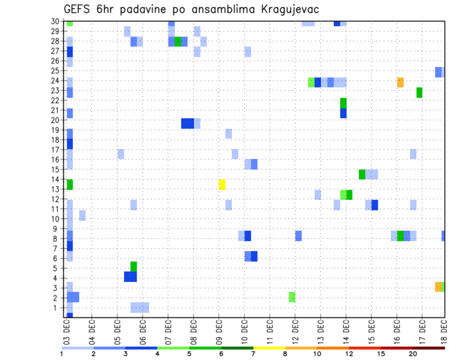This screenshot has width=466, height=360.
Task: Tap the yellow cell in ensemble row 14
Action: [x=222, y=184]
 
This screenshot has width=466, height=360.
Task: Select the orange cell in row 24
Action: [x=400, y=82]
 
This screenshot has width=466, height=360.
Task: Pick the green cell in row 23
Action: [x=419, y=93]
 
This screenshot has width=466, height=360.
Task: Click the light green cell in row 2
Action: [x=292, y=297]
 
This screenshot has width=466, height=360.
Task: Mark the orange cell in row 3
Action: [x=438, y=287]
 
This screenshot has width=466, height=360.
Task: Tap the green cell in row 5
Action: [x=133, y=266]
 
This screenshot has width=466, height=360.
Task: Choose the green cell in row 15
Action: [x=362, y=174]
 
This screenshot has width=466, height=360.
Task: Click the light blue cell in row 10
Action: [x=83, y=215]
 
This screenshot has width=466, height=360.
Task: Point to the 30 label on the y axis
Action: [x=56, y=21]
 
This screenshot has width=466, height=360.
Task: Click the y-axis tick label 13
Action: [x=56, y=189]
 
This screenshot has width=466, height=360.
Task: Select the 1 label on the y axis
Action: [x=58, y=308]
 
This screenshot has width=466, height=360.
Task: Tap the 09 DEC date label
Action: [x=218, y=332]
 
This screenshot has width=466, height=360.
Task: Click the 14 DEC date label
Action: [x=346, y=332]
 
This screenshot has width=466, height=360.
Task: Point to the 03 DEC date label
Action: [x=67, y=332]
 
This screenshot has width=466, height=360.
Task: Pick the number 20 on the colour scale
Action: [x=413, y=354]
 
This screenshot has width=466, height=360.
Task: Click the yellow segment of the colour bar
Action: [x=269, y=348]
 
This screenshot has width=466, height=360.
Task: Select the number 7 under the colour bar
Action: [x=253, y=354]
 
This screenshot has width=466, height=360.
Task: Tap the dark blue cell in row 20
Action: [x=187, y=123]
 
